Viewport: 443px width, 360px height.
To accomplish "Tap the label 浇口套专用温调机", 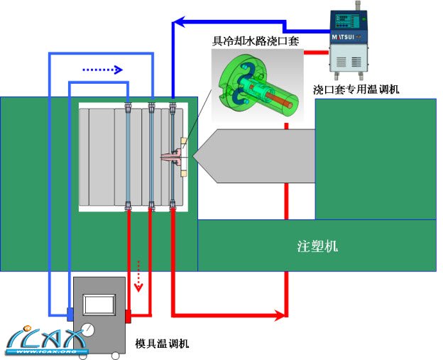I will pos(356,90).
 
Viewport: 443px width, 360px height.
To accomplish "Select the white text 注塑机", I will pos(317,246).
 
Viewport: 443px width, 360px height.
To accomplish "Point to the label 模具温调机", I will pos(162,344).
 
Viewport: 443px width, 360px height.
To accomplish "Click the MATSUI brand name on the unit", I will pos(349,35).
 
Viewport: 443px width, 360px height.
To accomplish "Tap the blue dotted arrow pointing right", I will pos(102,70).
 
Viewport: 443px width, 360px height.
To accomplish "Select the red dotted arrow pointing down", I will pos(139,276).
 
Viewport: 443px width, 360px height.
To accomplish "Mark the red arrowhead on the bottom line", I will pos(280,314).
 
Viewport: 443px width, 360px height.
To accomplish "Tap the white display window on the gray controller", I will pos(99,304).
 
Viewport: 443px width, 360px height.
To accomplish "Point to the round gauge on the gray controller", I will pos(89,329).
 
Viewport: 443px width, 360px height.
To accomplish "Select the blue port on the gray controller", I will pos(70,313).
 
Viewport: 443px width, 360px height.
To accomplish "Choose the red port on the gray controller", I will pos(128,313).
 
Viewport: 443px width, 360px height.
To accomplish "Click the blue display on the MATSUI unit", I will pos(349,18).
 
